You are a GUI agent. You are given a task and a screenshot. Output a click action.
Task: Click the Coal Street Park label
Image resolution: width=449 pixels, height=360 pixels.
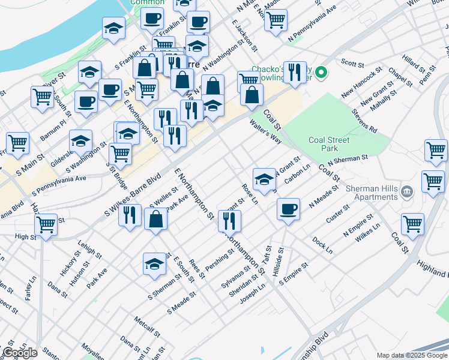328,144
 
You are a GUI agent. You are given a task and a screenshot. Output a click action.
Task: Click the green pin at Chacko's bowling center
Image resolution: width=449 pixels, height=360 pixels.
321,73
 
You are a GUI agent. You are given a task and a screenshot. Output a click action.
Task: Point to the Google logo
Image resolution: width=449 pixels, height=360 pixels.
20,353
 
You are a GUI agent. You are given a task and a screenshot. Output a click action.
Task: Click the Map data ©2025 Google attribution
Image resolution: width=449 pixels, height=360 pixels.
411,355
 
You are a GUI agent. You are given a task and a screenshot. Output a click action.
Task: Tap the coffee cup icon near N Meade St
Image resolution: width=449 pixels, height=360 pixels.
289,209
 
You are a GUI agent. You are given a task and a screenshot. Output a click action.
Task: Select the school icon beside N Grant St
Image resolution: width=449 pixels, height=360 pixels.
264,179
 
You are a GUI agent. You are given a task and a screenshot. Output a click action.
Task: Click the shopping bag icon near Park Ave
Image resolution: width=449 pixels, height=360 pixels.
155,220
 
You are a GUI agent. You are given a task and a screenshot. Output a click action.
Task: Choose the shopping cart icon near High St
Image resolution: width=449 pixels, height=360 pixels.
46,225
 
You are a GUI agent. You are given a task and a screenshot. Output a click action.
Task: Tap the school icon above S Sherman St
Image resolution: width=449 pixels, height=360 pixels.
154,264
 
